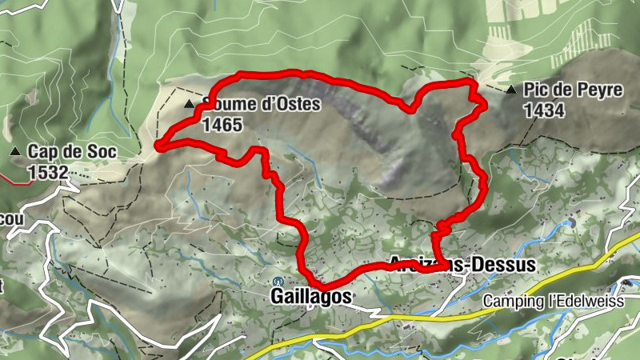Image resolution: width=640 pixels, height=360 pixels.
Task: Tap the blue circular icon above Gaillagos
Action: (x=278, y=281)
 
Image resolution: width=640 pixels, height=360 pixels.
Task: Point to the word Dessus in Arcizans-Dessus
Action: (x=504, y=265)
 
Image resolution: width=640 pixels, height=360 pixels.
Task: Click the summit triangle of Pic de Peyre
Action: (x=511, y=90)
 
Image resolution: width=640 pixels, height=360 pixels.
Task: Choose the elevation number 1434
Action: (x=545, y=110)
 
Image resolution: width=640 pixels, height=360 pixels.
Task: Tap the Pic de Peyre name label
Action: (x=573, y=90)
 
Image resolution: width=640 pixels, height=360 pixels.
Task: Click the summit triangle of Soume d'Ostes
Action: (x=190, y=105)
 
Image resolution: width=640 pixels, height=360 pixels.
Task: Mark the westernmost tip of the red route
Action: (x=157, y=145)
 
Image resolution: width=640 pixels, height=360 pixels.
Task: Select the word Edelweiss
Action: (x=588, y=301)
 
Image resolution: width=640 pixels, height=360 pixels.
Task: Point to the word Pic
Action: (x=535, y=90)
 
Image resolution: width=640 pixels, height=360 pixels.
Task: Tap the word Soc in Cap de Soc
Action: (x=95, y=151)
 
